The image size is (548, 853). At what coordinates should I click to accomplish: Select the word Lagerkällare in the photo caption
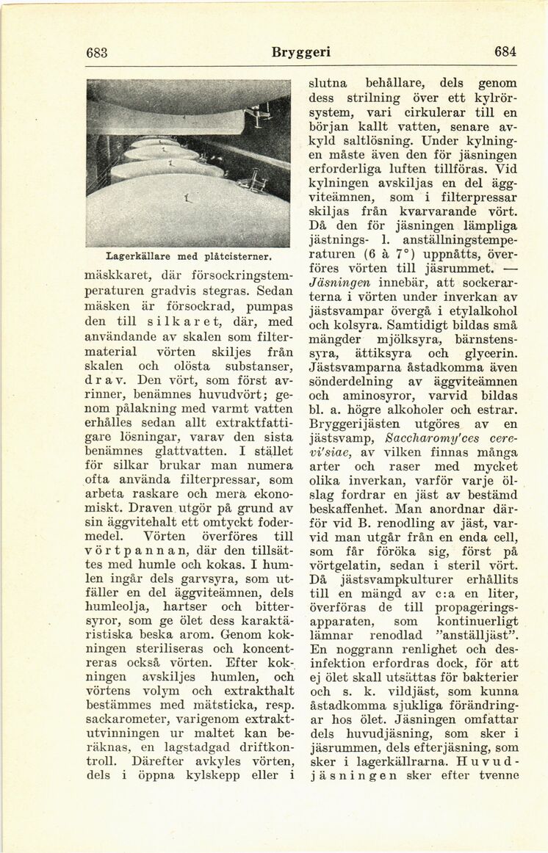[136, 257]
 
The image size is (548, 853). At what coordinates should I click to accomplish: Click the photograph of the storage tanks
[187, 163]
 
